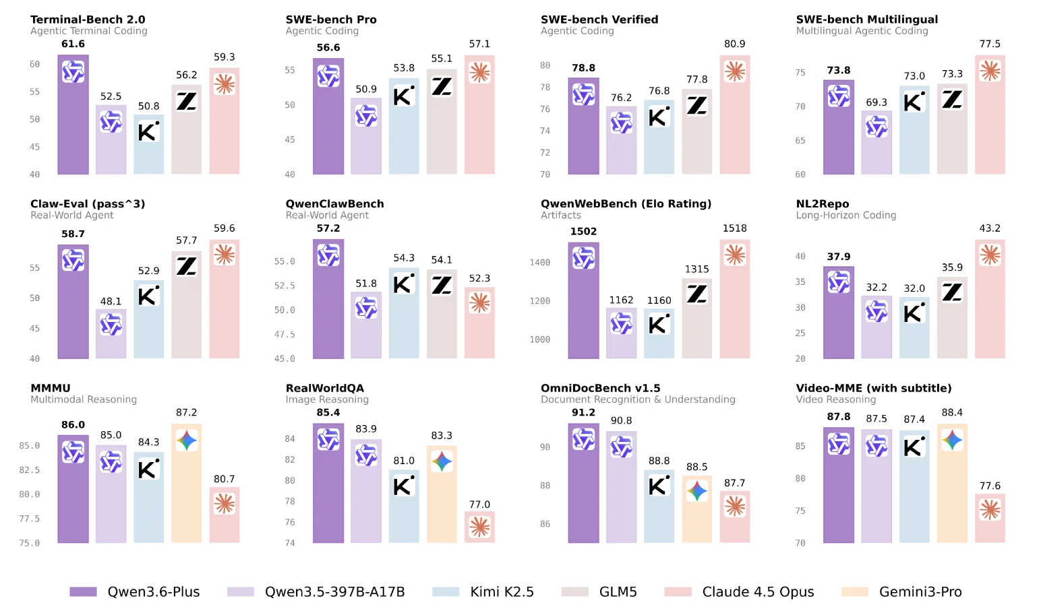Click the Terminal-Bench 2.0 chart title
[x=88, y=20]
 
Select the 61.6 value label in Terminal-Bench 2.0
[x=73, y=44]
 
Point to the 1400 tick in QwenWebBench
[x=539, y=263]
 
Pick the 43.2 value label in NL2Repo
[x=989, y=228]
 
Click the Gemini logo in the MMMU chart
[x=187, y=441]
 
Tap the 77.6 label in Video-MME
[x=989, y=486]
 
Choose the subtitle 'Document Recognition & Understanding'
[x=637, y=399]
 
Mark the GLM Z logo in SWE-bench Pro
[x=442, y=86]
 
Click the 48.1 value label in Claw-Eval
[x=111, y=301]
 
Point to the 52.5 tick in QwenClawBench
[x=284, y=286]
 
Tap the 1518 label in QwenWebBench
[x=734, y=228]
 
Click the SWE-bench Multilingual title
[x=866, y=20]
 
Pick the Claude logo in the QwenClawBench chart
[x=479, y=302]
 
